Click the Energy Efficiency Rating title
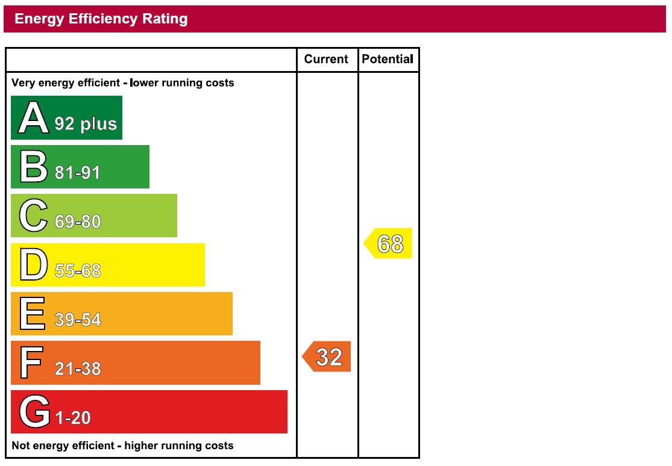tap(101, 19)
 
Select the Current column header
tap(326, 59)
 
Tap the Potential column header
tap(388, 59)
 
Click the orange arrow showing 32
tap(327, 357)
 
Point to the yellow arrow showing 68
tap(389, 243)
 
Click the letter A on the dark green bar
tap(33, 118)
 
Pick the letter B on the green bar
tap(33, 167)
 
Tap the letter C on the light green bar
tap(33, 216)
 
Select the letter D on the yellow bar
tap(33, 265)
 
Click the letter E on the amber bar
tap(33, 314)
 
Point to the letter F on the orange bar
tap(32, 363)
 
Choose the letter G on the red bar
tap(34, 412)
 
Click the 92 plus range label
tap(86, 123)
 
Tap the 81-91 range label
tap(78, 173)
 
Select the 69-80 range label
tap(78, 222)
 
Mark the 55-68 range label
tap(78, 271)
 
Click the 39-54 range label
tap(78, 320)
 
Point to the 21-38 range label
tap(78, 368)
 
